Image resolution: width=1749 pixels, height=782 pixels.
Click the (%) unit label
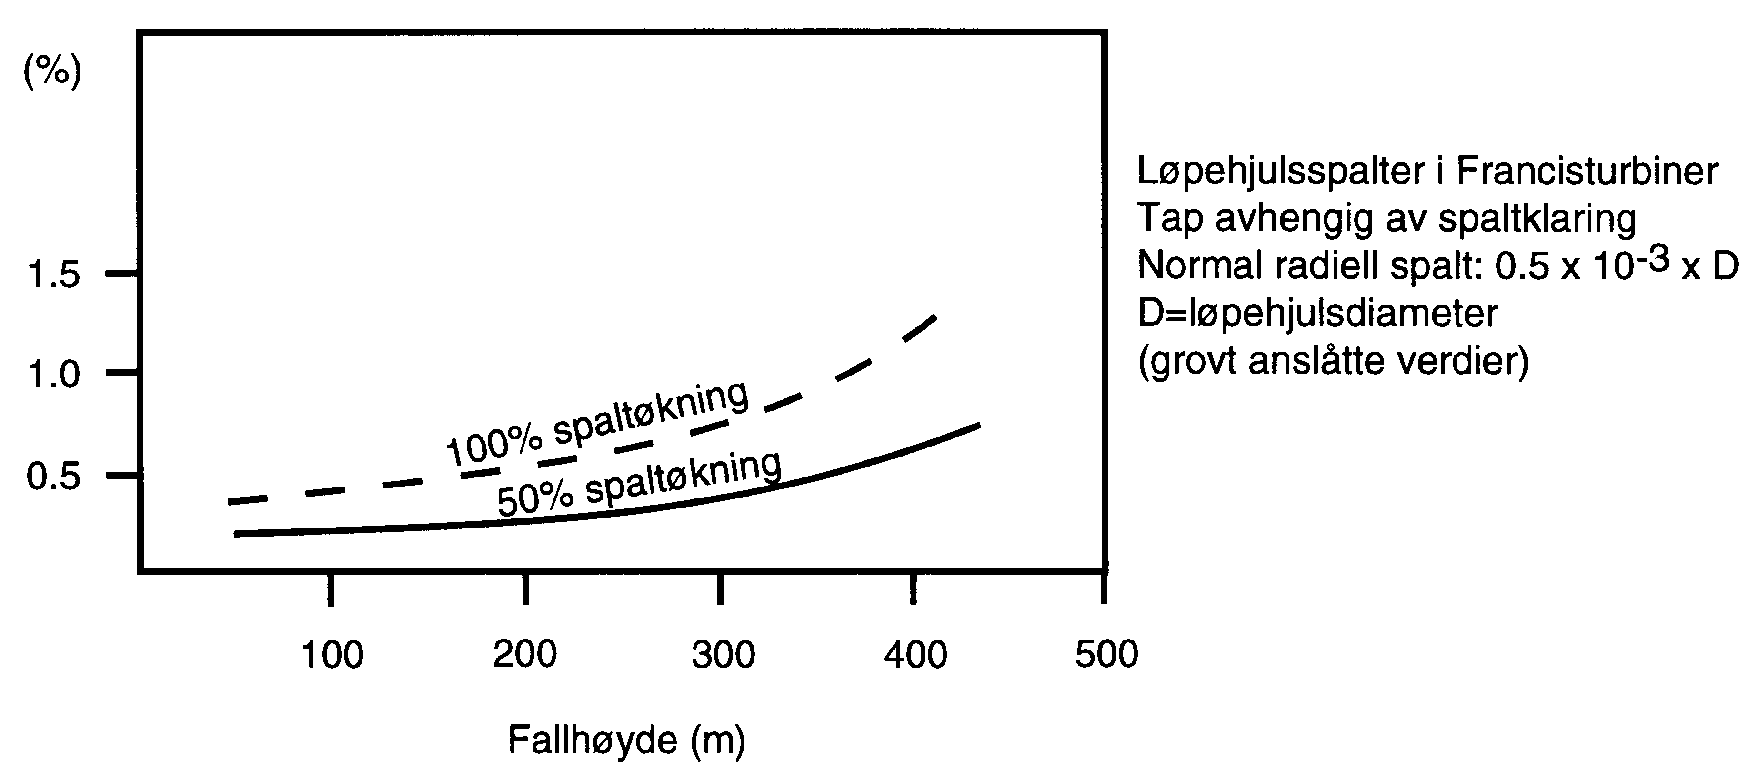click(52, 70)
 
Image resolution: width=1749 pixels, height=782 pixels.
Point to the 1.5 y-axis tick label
click(53, 275)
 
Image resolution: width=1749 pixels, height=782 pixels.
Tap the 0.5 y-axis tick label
click(53, 476)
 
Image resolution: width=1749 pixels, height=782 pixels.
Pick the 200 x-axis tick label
click(525, 654)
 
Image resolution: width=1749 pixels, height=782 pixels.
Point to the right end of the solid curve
click(978, 425)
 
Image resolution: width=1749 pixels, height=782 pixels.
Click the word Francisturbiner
click(1588, 171)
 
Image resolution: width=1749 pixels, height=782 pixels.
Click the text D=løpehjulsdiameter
click(1317, 314)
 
